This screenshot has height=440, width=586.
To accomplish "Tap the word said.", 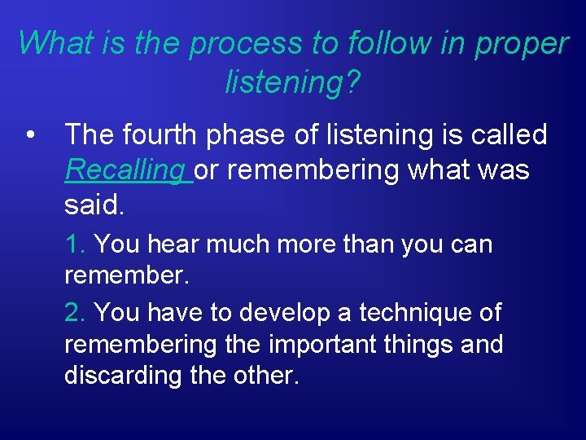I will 94,205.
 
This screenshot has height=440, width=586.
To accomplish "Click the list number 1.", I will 74,244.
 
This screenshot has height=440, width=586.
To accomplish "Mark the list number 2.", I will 74,312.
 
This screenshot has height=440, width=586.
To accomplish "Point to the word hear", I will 173,244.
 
